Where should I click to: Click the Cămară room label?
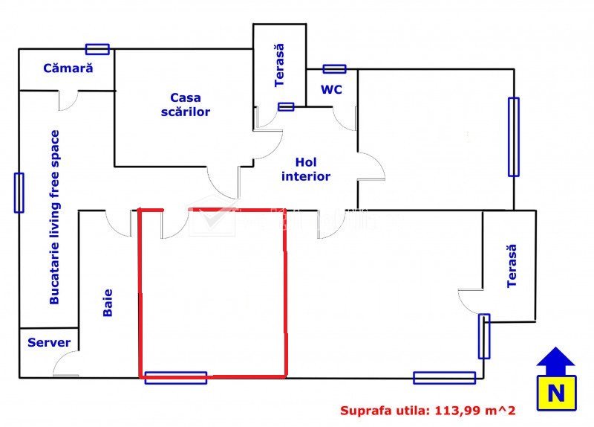pos(68,68)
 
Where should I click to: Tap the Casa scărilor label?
pos(189,105)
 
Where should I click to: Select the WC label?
pos(331,89)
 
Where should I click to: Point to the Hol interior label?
pos(306,169)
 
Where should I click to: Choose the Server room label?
pos(49,343)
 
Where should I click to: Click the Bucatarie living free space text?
pos(54,217)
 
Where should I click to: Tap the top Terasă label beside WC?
pos(279,65)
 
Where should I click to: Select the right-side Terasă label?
pos(511,267)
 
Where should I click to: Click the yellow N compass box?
pos(555,392)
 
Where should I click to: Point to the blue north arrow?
pos(556,361)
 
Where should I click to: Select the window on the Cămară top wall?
pos(97,49)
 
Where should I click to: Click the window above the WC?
pos(334,69)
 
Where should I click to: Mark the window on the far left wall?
pos(19,193)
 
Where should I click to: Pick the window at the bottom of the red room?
pos(175,377)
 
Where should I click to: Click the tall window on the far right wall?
pos(513,137)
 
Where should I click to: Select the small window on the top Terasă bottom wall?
pos(286,106)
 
